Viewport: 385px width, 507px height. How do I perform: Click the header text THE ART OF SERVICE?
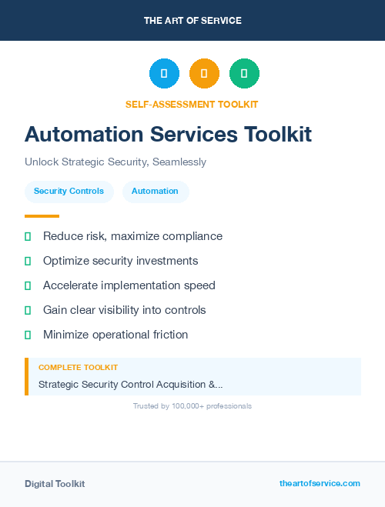[x=192, y=21]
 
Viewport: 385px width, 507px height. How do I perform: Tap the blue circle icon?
[x=164, y=74]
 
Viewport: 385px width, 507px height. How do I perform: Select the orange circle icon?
[x=204, y=74]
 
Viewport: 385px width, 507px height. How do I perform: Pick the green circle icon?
[x=244, y=74]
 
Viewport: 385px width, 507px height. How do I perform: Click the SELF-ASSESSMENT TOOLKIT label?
[x=192, y=104]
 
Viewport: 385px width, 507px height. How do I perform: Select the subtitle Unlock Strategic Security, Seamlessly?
[x=115, y=162]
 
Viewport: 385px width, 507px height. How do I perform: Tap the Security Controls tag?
[x=69, y=191]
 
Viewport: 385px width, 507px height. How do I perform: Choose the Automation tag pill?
[x=155, y=191]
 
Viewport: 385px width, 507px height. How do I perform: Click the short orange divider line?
[x=42, y=216]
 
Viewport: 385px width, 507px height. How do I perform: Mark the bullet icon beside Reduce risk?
[x=28, y=236]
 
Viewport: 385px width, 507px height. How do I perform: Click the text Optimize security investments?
[x=120, y=261]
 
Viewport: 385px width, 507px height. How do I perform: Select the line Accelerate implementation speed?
[x=129, y=285]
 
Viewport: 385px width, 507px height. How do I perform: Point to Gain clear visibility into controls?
[x=124, y=310]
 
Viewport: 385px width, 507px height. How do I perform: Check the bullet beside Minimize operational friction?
[x=28, y=335]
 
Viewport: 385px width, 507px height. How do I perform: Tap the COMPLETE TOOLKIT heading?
[x=78, y=368]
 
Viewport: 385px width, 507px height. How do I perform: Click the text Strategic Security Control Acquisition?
[x=130, y=384]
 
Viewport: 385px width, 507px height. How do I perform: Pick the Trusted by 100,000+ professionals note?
[x=192, y=405]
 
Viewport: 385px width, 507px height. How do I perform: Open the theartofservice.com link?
[x=320, y=483]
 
